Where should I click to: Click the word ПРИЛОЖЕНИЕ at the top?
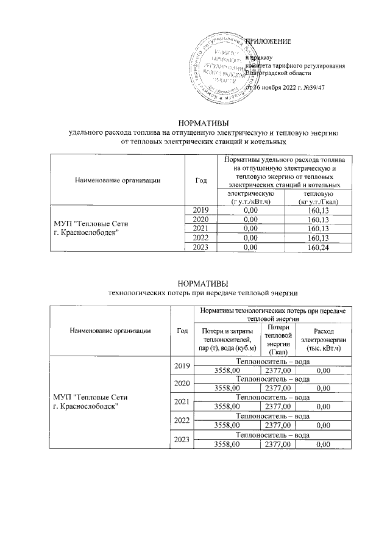[x=268, y=41]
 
